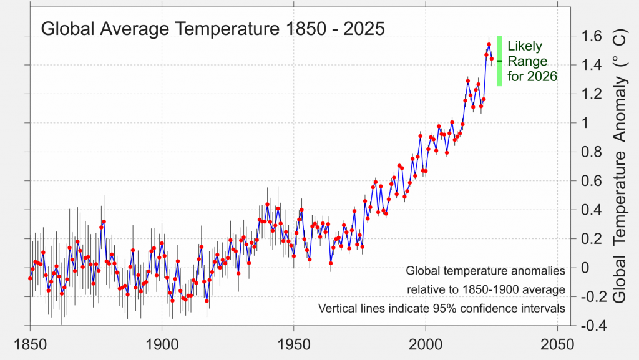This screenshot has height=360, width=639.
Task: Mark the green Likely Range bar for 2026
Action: tap(500, 61)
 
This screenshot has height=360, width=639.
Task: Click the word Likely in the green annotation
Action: tap(525, 47)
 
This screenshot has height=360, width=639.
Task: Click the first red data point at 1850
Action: tap(30, 278)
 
